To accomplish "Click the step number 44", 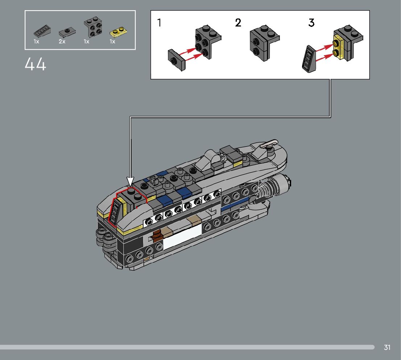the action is point(36,64).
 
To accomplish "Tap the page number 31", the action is point(387,347).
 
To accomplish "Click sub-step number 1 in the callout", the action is point(159,22).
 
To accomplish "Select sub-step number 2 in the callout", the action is point(238,22).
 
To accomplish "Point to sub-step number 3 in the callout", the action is point(311,22).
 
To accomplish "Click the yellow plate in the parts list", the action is point(119,32).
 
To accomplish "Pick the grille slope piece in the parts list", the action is point(42,31).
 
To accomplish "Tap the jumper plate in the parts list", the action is point(67,33).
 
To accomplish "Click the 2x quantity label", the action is point(62,41).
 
